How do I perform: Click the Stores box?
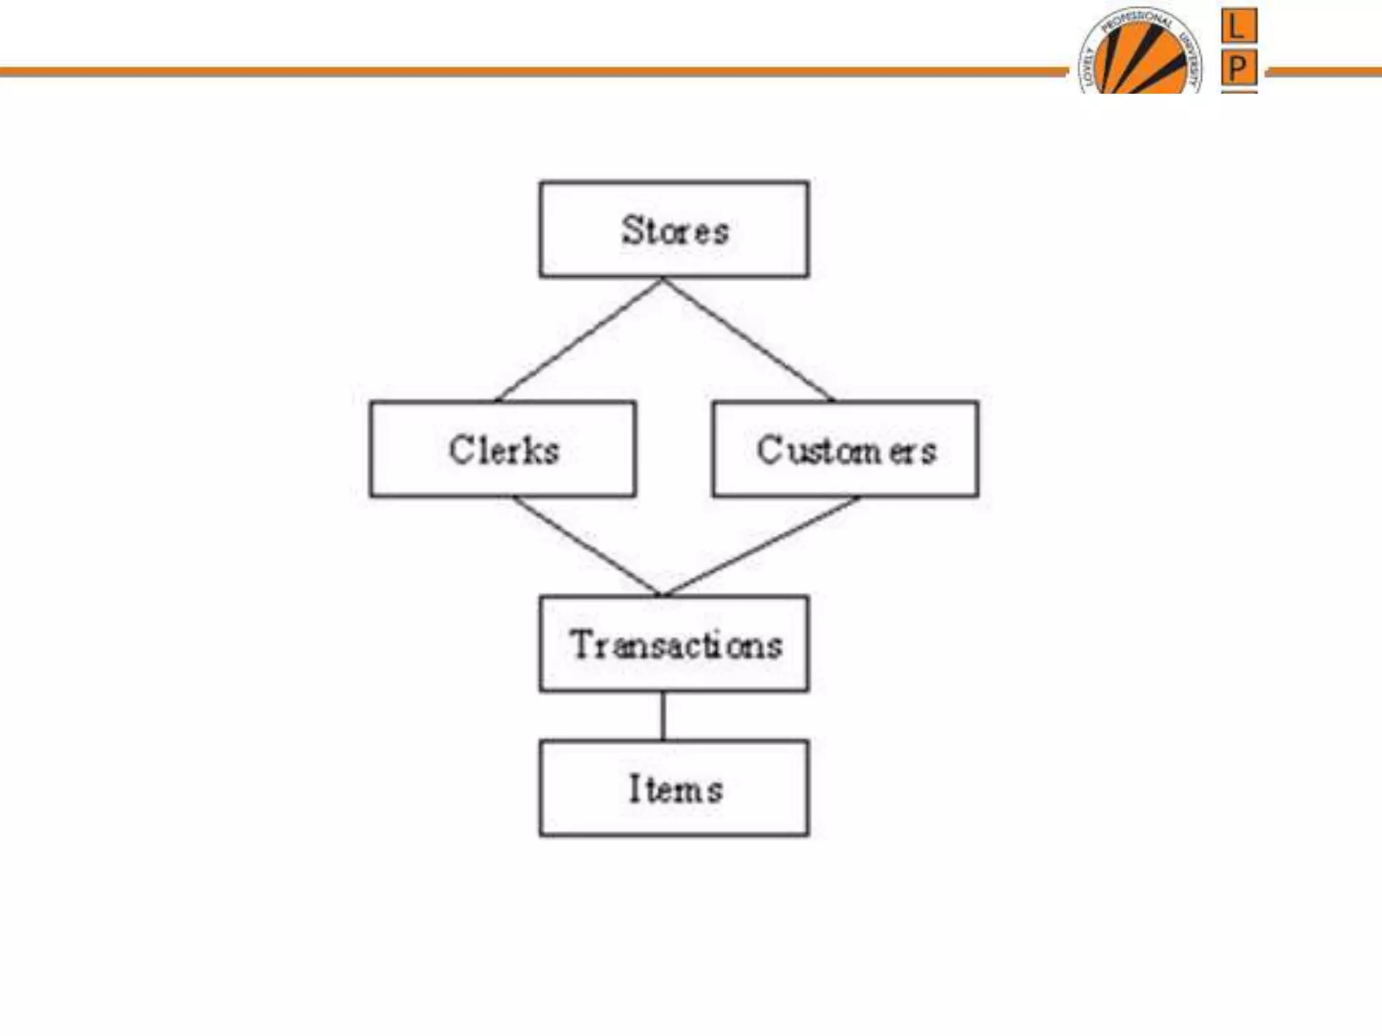pyautogui.click(x=673, y=229)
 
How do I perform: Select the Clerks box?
pyautogui.click(x=503, y=449)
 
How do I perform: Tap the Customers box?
pyautogui.click(x=846, y=449)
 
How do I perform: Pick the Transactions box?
pyautogui.click(x=673, y=643)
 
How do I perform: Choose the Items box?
pyautogui.click(x=673, y=788)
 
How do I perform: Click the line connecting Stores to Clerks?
pyautogui.click(x=579, y=339)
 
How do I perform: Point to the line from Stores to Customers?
pyautogui.click(x=748, y=339)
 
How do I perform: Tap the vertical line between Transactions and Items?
pyautogui.click(x=663, y=716)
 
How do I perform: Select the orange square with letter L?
pyautogui.click(x=1238, y=26)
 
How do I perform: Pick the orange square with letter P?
pyautogui.click(x=1238, y=67)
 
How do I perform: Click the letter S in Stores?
pyautogui.click(x=632, y=229)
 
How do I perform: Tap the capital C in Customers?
pyautogui.click(x=769, y=449)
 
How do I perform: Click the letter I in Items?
pyautogui.click(x=634, y=788)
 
